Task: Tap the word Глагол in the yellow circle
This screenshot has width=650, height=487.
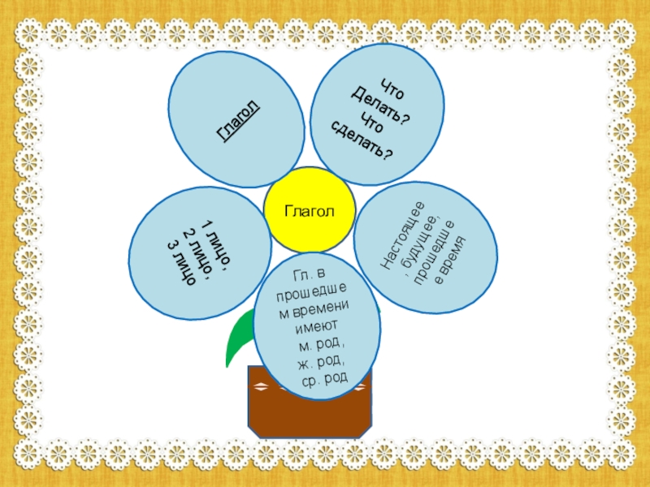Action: [309, 212]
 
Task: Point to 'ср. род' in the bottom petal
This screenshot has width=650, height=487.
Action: [324, 376]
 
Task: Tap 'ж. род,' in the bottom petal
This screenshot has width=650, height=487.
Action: [323, 360]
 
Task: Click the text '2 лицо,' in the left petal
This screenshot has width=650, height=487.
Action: [198, 249]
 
